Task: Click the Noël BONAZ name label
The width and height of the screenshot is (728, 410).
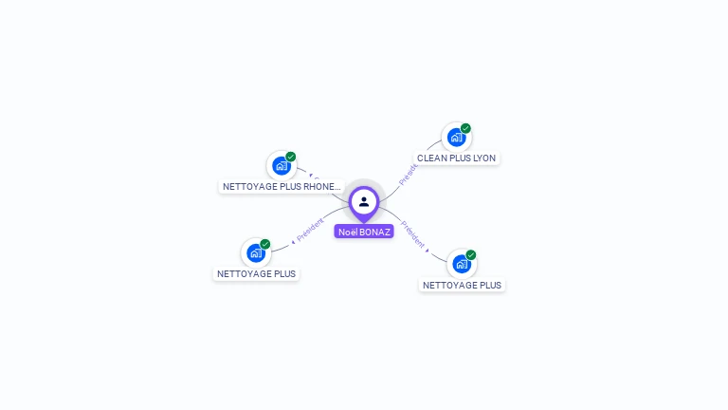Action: (364, 232)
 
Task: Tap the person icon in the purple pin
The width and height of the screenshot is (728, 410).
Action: (364, 201)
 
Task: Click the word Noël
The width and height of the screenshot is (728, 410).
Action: (348, 232)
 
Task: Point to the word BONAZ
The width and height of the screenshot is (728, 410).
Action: (374, 232)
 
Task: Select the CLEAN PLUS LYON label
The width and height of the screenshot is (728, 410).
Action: (456, 158)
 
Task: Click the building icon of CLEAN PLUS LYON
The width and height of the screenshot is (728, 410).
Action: (456, 138)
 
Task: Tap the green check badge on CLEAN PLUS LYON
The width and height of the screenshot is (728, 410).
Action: (465, 128)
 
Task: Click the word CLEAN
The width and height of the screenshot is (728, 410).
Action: (431, 158)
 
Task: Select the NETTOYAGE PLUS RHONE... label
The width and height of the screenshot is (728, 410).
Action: (281, 187)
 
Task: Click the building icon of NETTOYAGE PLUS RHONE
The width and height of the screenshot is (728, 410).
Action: (281, 166)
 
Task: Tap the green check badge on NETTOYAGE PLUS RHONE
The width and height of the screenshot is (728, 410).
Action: (290, 157)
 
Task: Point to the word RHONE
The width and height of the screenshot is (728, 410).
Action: (319, 187)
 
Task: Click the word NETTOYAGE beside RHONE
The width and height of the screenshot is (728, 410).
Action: (249, 187)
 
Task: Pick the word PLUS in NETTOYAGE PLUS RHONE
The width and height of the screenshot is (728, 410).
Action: (289, 187)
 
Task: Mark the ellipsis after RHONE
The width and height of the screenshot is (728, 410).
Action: (337, 188)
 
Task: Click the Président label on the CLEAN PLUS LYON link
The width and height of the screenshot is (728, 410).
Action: (409, 174)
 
